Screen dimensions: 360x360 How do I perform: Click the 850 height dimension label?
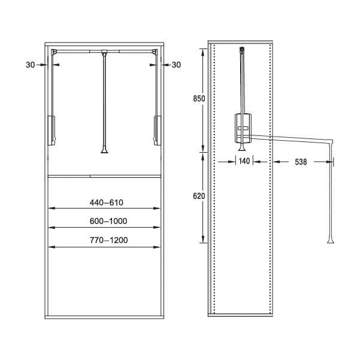pos(199,99)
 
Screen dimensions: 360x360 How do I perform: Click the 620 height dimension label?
pos(199,196)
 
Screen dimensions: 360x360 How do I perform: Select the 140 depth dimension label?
pos(244,161)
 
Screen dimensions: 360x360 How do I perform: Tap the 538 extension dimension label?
pos(301,162)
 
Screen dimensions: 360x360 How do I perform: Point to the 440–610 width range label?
pos(106,202)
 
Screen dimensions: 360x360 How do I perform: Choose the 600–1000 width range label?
pos(108,221)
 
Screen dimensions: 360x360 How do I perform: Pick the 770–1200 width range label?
pos(109,240)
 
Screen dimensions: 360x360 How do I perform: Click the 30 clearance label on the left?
pos(31,65)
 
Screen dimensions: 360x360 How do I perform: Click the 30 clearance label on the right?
pos(176,65)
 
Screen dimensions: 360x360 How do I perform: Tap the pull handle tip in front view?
pos(104,150)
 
